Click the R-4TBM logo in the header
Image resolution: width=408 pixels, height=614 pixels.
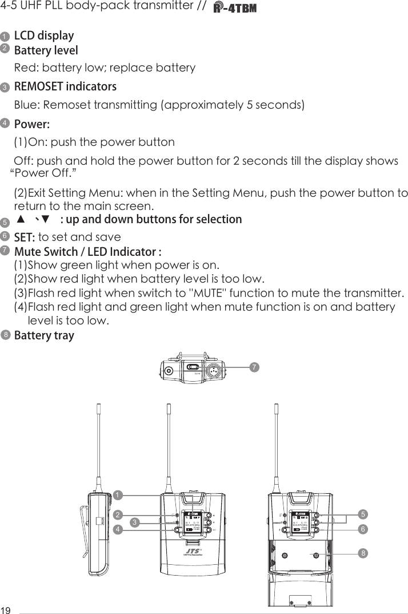[x=235, y=9]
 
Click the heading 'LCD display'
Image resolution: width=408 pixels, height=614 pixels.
[x=44, y=35]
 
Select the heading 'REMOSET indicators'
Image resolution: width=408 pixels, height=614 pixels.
[x=65, y=87]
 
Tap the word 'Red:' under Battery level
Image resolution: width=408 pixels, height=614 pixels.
[x=26, y=68]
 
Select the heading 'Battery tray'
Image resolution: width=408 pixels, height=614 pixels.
[x=44, y=335]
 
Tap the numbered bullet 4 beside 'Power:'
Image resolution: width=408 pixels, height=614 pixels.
[x=5, y=124]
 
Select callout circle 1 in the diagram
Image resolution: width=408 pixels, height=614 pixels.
[x=117, y=494]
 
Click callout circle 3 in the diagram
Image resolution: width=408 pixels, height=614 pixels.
[x=134, y=522]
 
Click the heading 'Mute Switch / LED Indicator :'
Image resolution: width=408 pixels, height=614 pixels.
[x=87, y=252]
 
